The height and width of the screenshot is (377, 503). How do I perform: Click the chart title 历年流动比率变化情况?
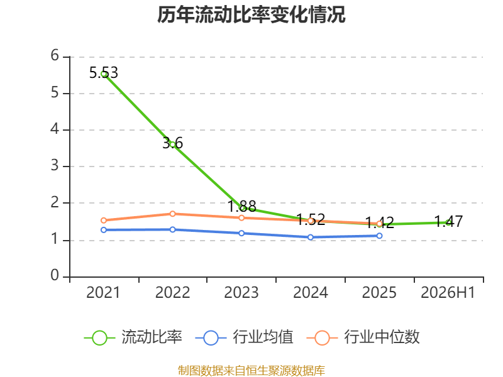(251, 14)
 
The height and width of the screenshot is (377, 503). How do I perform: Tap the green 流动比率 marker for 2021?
(104, 74)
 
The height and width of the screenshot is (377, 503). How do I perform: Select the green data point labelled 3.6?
(172, 145)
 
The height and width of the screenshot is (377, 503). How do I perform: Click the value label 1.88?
(242, 206)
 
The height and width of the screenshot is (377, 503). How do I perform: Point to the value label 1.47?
(448, 221)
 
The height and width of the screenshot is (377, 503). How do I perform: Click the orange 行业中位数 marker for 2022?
(172, 214)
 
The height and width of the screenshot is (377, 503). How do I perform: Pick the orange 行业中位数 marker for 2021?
(104, 221)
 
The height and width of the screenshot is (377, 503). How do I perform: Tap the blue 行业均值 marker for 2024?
(311, 238)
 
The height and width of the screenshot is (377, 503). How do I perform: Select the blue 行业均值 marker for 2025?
(380, 236)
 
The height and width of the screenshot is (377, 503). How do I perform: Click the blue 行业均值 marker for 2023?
(241, 233)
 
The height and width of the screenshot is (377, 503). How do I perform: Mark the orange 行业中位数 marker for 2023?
(241, 218)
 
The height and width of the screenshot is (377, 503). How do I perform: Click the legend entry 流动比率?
(133, 337)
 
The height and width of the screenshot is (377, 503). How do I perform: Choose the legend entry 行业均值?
(244, 337)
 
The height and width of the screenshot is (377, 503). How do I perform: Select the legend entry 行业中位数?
(363, 337)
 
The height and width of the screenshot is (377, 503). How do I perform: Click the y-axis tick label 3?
(55, 165)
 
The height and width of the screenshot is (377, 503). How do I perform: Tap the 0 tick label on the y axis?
(55, 275)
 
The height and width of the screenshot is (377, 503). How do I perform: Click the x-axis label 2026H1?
(448, 292)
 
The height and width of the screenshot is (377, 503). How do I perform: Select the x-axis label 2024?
(311, 292)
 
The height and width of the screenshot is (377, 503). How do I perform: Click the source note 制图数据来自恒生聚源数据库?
(251, 371)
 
